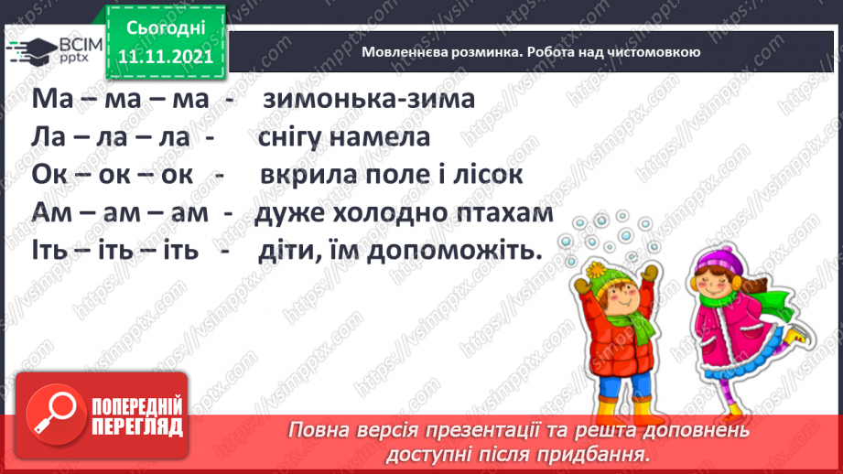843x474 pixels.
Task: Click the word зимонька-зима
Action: coord(369,99)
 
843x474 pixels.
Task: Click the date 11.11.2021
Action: coord(165,55)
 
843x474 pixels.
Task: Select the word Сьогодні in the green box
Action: coord(165,28)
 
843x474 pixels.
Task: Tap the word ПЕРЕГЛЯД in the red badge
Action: coord(135,426)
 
